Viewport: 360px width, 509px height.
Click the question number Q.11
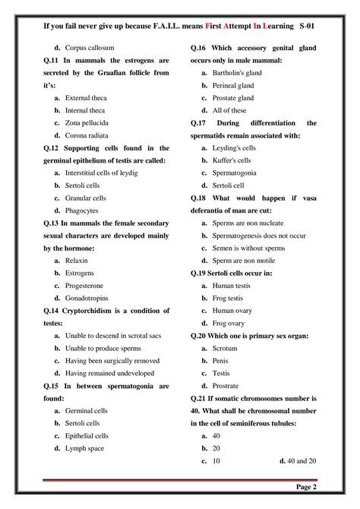point(52,59)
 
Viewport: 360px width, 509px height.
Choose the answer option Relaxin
point(77,260)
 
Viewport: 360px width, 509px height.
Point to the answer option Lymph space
point(84,448)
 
